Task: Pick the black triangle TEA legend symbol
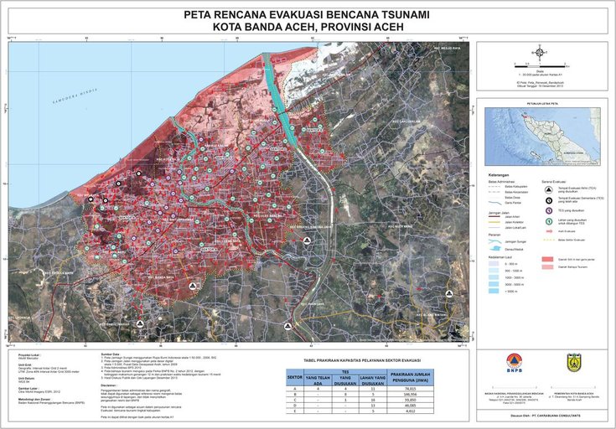click(x=549, y=190)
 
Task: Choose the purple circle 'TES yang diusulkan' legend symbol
click(x=549, y=210)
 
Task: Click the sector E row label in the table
click(x=294, y=411)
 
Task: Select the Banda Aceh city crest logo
click(x=574, y=362)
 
